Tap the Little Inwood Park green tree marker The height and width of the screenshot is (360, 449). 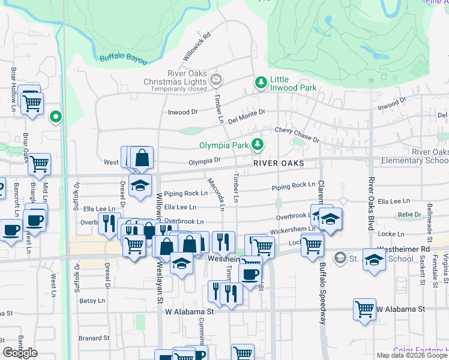click(261, 82)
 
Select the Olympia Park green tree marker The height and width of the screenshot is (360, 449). click(258, 144)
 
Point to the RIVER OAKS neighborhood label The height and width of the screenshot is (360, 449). click(278, 163)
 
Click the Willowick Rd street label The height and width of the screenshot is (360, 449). click(198, 46)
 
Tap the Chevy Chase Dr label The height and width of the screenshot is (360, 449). click(297, 133)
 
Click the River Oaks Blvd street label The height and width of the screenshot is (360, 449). click(371, 198)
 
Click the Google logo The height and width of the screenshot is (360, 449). click(20, 353)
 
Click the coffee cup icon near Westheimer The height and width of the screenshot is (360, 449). click(250, 275)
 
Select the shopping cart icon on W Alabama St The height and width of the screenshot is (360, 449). click(364, 310)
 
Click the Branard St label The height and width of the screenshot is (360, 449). click(92, 338)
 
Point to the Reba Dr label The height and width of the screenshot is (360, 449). click(409, 214)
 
